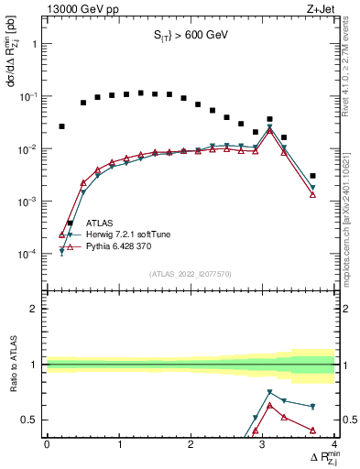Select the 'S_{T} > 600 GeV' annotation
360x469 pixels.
coord(191,36)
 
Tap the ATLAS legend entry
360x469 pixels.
coord(101,223)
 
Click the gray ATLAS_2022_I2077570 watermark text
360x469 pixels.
coord(191,273)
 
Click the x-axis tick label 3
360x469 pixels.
coord(263,444)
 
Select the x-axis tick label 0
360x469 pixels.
coord(47,444)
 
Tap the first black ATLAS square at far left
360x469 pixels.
coord(61,126)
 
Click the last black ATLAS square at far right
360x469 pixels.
coord(312,176)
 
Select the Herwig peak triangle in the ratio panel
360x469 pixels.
coord(269,392)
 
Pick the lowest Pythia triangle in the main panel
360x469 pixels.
coord(61,234)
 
